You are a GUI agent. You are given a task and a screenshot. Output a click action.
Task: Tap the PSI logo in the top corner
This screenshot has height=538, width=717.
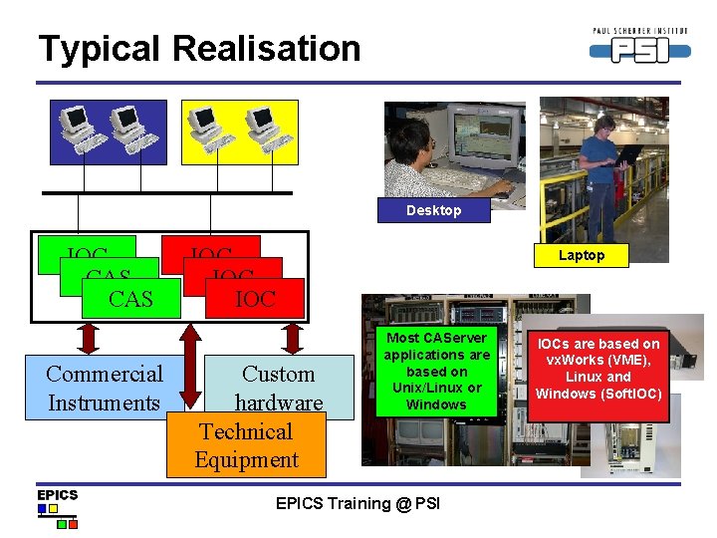(x=638, y=45)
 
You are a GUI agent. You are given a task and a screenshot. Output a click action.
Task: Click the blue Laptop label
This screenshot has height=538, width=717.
(x=581, y=255)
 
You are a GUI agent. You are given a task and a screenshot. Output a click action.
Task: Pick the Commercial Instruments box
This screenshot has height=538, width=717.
(x=104, y=389)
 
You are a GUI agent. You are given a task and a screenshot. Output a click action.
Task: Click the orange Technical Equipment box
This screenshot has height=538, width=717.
(x=246, y=445)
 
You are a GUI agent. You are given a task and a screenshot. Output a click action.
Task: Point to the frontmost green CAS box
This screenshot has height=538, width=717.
(x=130, y=298)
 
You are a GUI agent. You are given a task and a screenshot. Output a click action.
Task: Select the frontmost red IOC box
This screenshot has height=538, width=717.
(x=255, y=298)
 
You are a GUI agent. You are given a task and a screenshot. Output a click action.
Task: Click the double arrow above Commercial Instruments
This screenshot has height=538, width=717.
(x=89, y=337)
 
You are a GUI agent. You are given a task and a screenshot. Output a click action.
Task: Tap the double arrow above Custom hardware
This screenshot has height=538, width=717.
(x=292, y=337)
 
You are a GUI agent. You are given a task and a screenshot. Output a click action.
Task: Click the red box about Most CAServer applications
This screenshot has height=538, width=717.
(x=436, y=371)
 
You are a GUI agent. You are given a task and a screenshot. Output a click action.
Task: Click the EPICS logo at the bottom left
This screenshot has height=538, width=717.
(x=57, y=507)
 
